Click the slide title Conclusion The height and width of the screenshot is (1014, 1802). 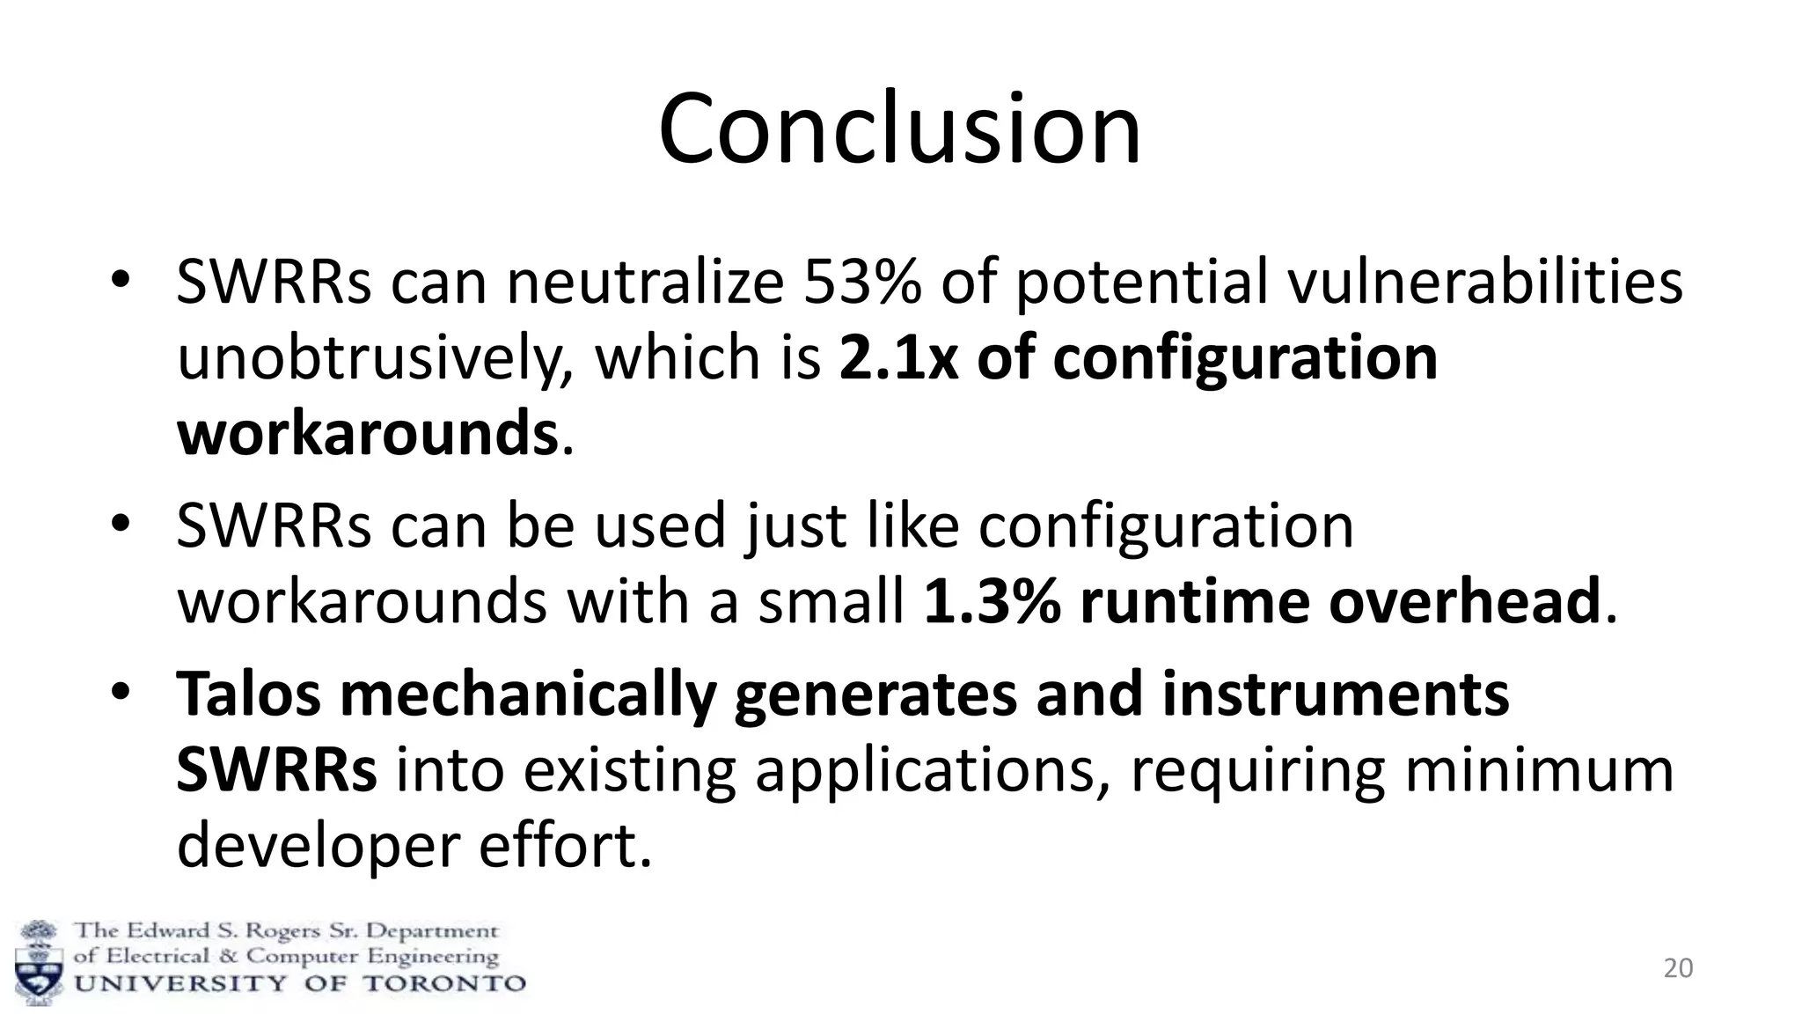899,129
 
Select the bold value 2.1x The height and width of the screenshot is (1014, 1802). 898,358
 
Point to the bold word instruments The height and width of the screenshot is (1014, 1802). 1335,694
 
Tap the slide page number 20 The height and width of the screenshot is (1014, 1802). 1678,968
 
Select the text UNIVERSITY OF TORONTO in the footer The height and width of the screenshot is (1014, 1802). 299,983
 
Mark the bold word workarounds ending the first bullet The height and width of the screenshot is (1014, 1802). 367,434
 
